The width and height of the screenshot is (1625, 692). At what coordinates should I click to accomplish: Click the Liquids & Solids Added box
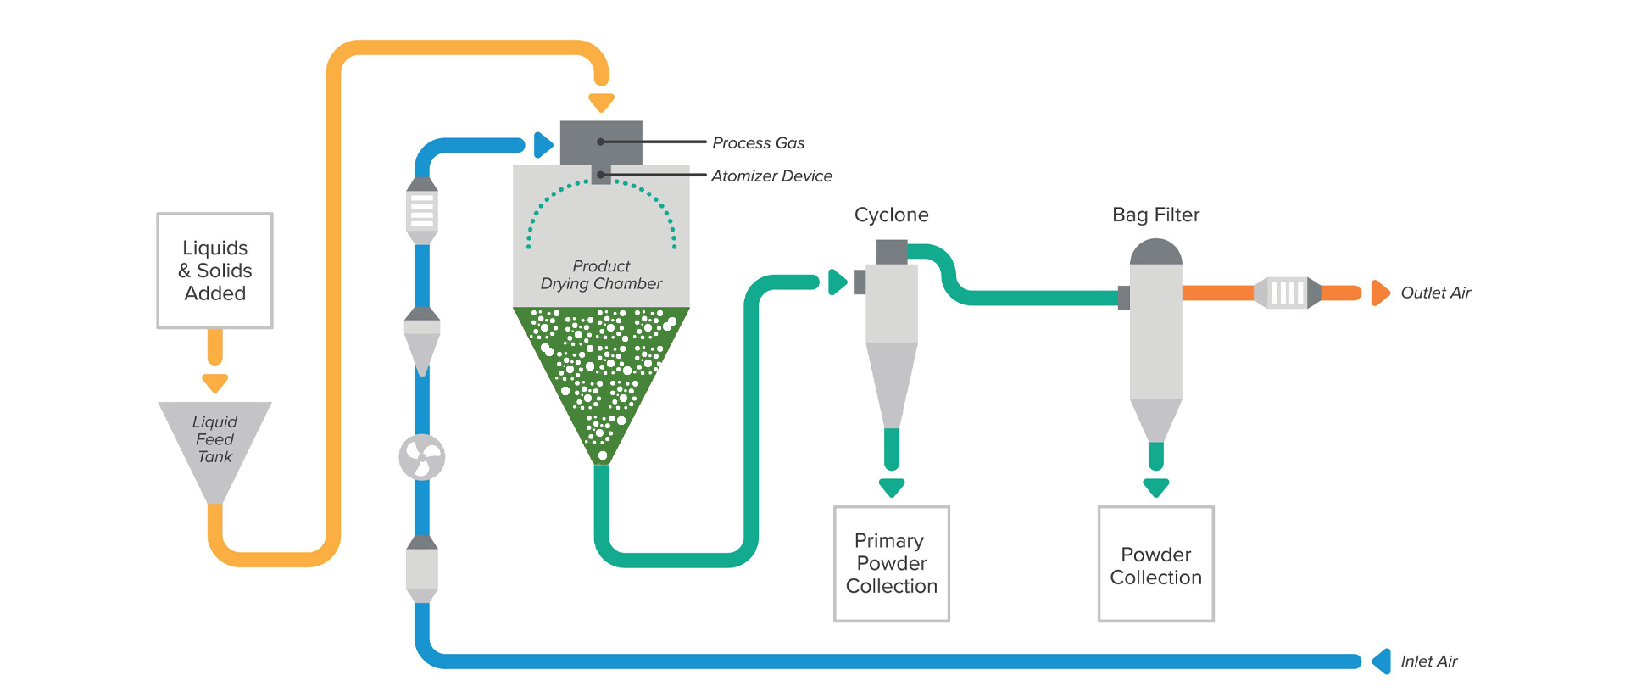click(x=214, y=271)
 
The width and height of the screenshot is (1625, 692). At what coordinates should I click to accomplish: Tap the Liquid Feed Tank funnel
click(x=214, y=441)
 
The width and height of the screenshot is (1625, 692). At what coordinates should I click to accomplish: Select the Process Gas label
click(x=758, y=143)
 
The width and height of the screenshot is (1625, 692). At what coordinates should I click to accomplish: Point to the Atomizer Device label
click(x=771, y=176)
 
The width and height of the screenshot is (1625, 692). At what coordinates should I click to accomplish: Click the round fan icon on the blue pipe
click(x=422, y=458)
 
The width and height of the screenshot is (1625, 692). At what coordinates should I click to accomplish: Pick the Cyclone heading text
click(x=891, y=215)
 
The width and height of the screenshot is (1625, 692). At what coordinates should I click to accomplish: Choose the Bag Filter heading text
click(x=1155, y=215)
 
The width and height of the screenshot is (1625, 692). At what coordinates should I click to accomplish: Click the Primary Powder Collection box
click(x=892, y=564)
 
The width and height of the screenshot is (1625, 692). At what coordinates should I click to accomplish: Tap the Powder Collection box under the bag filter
click(x=1155, y=565)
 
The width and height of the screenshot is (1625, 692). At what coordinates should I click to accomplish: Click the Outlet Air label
click(x=1435, y=293)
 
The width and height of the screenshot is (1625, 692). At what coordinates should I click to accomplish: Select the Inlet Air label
click(x=1428, y=661)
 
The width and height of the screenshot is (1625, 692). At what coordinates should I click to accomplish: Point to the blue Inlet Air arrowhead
click(x=1382, y=661)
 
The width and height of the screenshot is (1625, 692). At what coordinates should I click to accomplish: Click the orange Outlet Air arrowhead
click(x=1380, y=293)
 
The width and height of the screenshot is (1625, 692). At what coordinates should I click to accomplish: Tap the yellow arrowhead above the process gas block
click(x=601, y=103)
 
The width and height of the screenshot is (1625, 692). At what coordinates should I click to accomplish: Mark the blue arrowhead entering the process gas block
click(x=543, y=145)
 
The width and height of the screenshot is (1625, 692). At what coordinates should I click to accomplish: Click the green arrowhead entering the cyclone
click(x=838, y=282)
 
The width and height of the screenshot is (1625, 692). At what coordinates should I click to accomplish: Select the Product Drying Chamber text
click(x=601, y=276)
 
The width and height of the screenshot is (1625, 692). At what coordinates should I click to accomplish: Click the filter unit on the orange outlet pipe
click(x=1287, y=293)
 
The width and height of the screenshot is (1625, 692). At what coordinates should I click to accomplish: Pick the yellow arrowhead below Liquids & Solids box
click(x=215, y=383)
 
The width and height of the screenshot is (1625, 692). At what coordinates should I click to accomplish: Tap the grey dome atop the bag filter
click(x=1156, y=252)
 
